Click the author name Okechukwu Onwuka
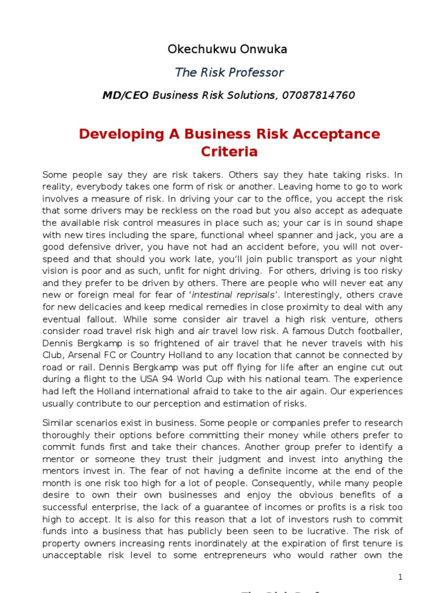point(227,49)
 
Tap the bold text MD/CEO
point(126,95)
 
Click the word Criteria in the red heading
point(229,152)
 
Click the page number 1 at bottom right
point(400,577)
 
